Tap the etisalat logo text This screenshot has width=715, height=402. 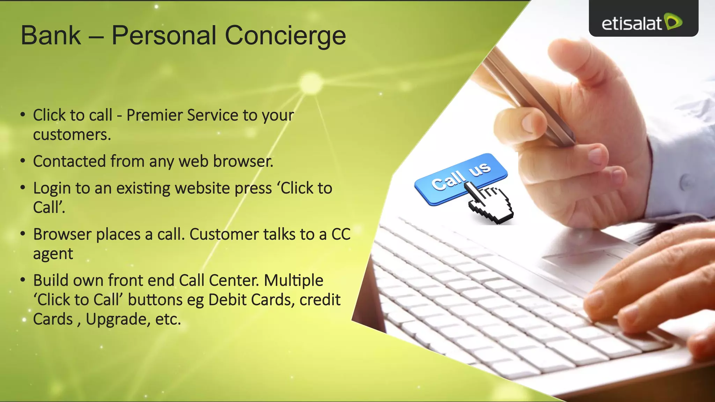631,24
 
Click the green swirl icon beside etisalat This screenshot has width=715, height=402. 673,22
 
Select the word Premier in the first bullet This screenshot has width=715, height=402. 154,115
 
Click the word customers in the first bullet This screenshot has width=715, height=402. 72,135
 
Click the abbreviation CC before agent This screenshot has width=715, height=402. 340,234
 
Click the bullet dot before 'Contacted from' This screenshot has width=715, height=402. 23,161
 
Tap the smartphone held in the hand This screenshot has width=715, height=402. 531,98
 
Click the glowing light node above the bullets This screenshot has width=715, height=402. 310,83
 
